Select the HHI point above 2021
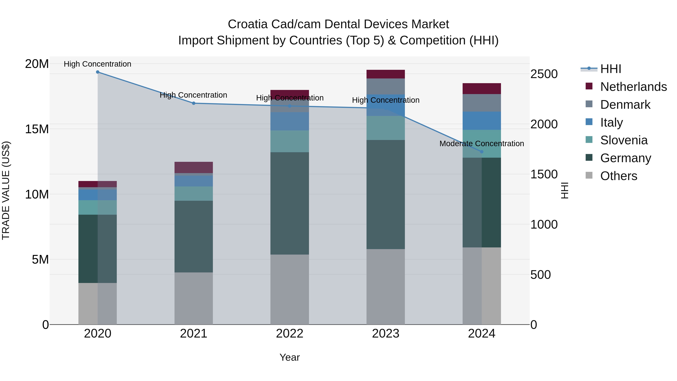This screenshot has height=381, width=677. (194, 103)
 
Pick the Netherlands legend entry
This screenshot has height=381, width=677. (633, 87)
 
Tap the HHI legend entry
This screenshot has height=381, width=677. (610, 69)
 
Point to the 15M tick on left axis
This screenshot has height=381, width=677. (37, 129)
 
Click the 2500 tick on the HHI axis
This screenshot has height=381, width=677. (544, 74)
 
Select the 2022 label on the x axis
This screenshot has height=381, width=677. (290, 334)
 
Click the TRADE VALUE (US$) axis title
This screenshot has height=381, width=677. (6, 190)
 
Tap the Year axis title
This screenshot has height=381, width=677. (290, 357)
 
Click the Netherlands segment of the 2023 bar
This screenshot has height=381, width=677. (386, 74)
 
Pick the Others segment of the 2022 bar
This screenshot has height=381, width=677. (290, 289)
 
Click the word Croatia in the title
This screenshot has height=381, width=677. (248, 24)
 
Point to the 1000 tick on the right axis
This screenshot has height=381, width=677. (544, 224)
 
